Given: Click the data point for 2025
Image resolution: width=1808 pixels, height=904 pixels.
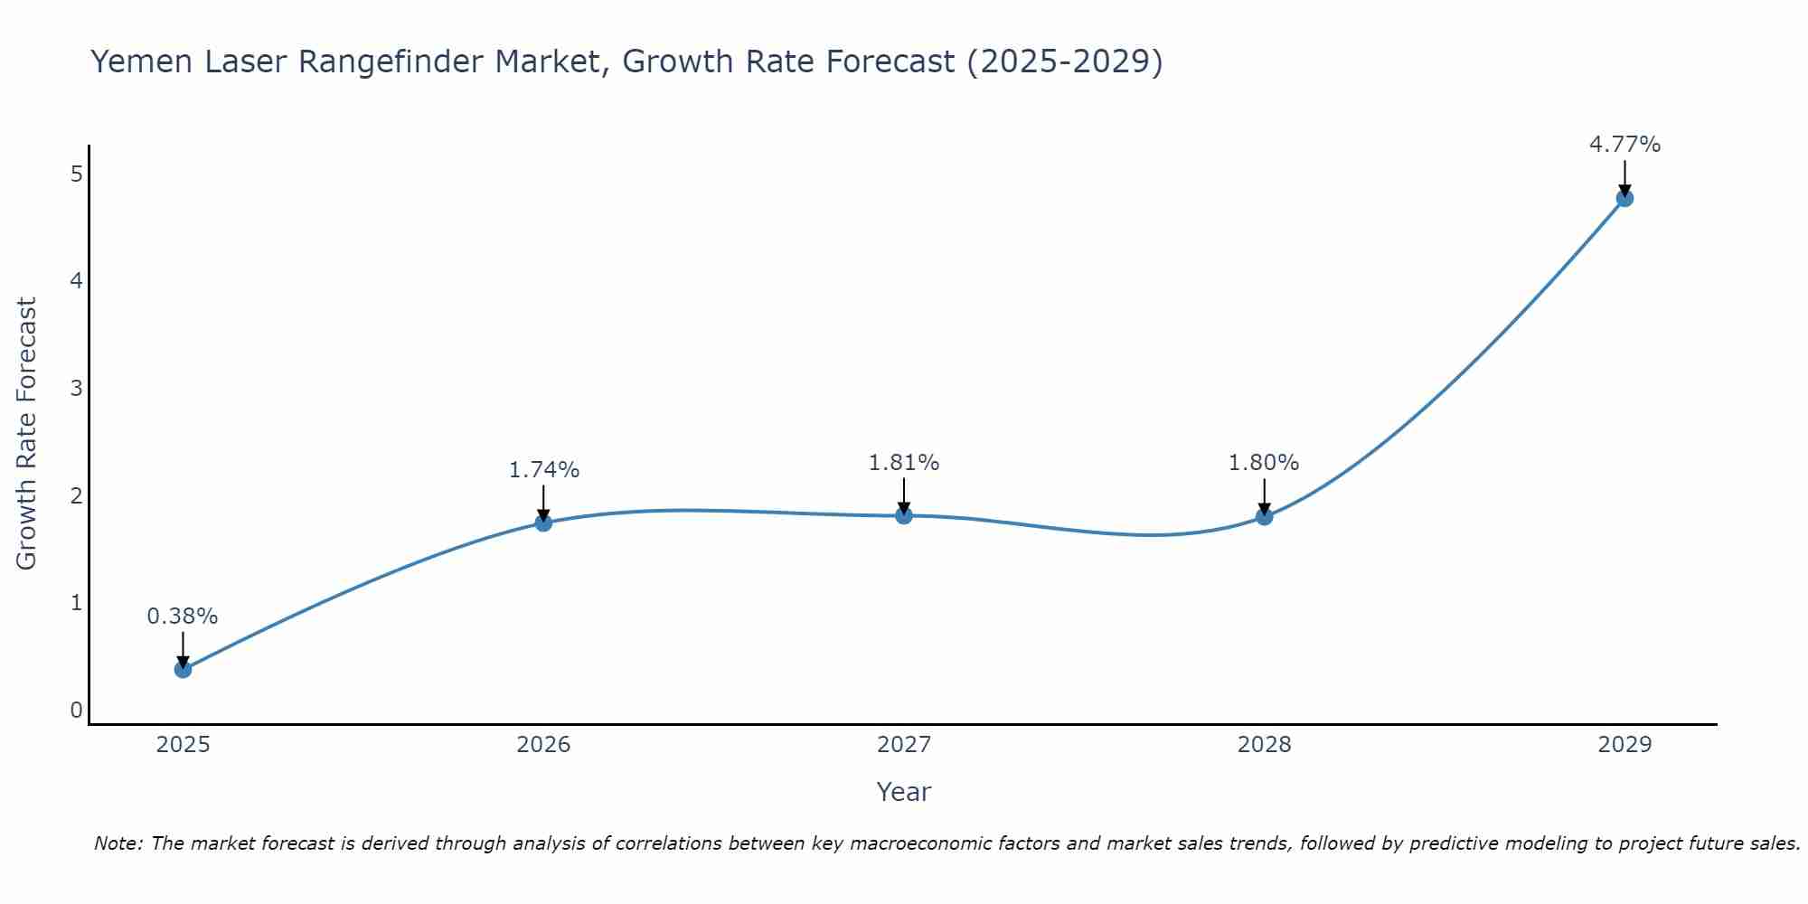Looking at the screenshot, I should click(x=183, y=669).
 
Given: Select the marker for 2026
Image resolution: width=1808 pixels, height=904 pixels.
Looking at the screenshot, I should click(x=543, y=523).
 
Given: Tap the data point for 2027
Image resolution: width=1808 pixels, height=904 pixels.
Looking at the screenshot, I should click(x=904, y=515).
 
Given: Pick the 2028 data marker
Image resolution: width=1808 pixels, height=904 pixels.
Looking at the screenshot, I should click(x=1264, y=516).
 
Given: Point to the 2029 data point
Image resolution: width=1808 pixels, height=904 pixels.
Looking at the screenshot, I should click(x=1624, y=198).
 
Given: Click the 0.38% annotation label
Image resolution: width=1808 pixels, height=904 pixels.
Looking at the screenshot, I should click(x=183, y=617).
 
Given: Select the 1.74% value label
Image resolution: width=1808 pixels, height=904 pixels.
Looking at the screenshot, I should click(x=543, y=470).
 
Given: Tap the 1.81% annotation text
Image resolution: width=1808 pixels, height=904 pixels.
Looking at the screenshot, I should click(x=904, y=463).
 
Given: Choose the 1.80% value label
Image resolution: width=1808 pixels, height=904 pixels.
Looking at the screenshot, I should click(x=1264, y=463).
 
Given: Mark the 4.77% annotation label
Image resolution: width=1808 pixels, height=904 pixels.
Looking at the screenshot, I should click(x=1624, y=145).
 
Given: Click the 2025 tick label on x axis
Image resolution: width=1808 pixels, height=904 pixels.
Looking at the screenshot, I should click(x=183, y=745).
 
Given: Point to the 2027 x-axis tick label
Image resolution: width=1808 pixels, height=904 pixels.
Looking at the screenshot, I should click(x=904, y=745).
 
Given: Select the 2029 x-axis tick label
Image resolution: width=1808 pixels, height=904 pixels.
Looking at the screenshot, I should click(x=1624, y=745).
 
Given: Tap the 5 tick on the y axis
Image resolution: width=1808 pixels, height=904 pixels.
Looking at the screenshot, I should click(x=76, y=174).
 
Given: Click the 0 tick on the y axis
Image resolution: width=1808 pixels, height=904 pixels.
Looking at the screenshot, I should click(x=76, y=711).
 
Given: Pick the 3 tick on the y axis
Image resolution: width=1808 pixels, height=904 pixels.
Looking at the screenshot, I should click(x=76, y=389).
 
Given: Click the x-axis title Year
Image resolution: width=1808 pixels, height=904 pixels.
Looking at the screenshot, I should click(x=904, y=792).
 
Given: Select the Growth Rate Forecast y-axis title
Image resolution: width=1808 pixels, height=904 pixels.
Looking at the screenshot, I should click(x=27, y=434).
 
